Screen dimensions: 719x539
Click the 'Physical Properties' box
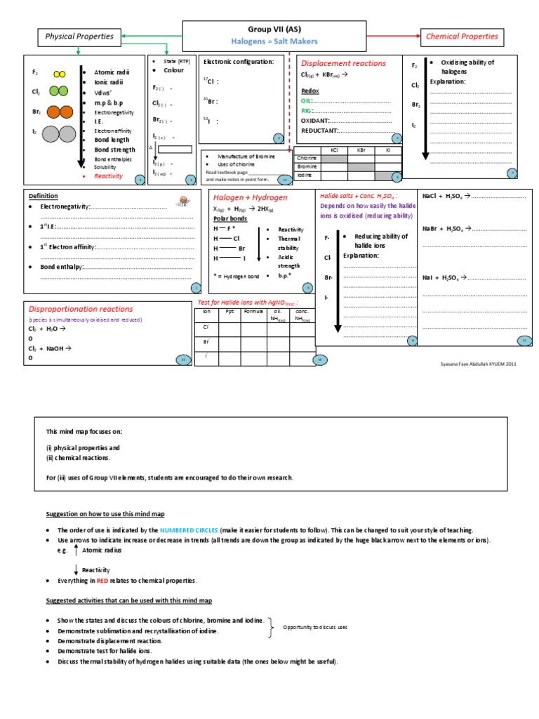pyautogui.click(x=79, y=36)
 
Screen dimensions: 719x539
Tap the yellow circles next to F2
pyautogui.click(x=60, y=73)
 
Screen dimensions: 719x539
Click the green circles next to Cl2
pyautogui.click(x=59, y=91)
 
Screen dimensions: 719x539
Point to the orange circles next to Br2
pyautogui.click(x=59, y=112)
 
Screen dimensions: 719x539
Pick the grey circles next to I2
pyautogui.click(x=59, y=133)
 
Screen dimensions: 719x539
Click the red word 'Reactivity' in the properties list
pyautogui.click(x=108, y=176)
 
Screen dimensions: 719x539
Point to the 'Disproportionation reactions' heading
pyautogui.click(x=81, y=309)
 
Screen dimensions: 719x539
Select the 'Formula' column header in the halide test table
pyautogui.click(x=253, y=310)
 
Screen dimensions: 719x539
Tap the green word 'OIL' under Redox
pyautogui.click(x=306, y=101)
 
